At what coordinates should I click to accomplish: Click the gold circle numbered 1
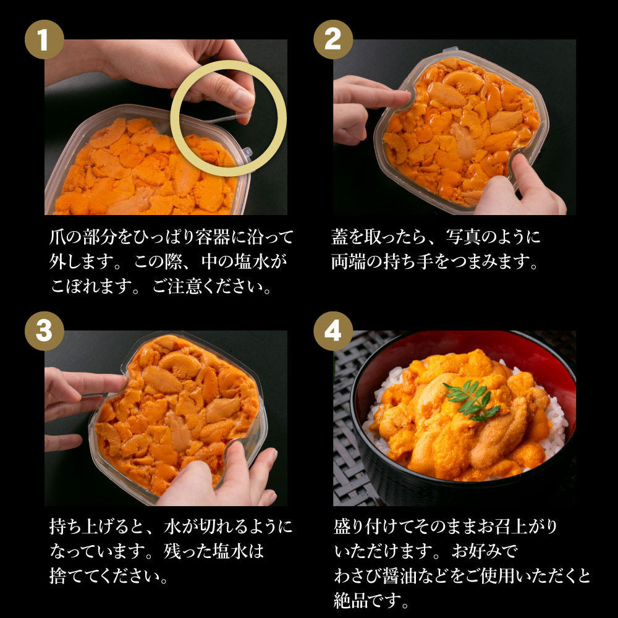pos(44,40)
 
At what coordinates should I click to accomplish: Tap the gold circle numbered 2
pos(333,40)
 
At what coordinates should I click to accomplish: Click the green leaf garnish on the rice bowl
pos(472,399)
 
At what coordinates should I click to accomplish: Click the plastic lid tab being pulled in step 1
pos(229,117)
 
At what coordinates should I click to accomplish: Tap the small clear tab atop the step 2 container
pos(451,49)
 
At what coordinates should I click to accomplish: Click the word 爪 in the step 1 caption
pos(57,237)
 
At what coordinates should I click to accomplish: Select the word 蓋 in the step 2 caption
pos(339,237)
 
